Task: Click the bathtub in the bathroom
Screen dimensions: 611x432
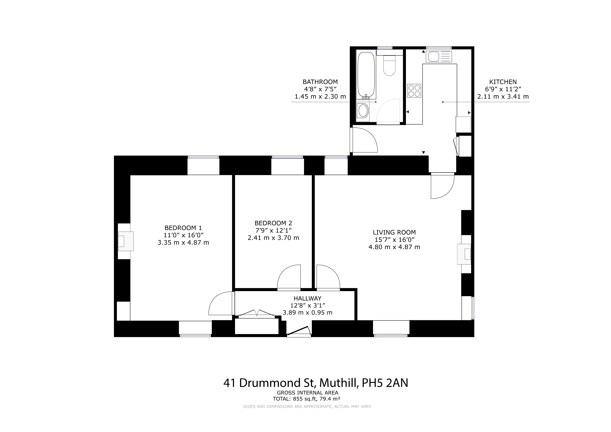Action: point(366,75)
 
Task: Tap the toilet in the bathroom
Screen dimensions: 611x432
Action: point(389,65)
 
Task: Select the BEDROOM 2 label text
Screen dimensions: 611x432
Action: point(273,223)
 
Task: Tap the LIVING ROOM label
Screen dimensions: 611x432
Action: point(394,232)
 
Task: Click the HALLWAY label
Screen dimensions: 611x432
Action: point(307,298)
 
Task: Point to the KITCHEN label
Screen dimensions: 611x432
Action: point(503,82)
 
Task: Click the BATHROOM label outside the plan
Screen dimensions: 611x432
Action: point(320,82)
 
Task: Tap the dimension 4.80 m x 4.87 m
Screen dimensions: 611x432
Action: point(394,247)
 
